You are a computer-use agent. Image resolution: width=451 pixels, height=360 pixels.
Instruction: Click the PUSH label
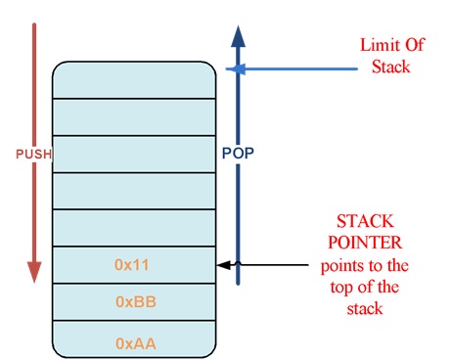click(x=33, y=155)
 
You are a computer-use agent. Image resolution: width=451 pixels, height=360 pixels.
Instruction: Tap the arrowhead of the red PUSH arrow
click(x=34, y=272)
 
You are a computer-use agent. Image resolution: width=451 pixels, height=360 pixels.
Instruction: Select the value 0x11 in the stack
click(x=134, y=264)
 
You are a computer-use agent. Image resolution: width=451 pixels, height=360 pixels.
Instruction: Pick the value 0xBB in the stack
click(x=134, y=302)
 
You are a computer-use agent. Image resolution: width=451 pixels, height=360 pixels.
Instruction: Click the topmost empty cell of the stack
click(x=134, y=79)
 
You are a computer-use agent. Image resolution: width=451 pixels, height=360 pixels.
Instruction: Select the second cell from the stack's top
click(x=134, y=116)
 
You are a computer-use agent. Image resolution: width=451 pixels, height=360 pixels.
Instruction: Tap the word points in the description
click(x=338, y=265)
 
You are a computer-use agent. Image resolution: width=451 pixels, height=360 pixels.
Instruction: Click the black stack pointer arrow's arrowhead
click(x=222, y=265)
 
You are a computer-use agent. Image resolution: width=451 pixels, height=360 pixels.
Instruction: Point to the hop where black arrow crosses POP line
click(x=237, y=264)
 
